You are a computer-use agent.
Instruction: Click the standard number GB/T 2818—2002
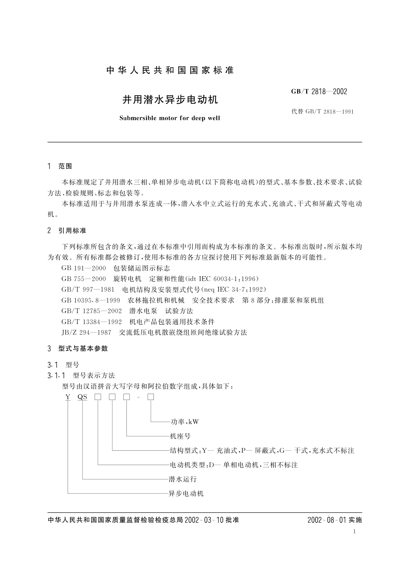pyautogui.click(x=319, y=92)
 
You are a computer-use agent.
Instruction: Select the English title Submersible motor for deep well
pyautogui.click(x=169, y=118)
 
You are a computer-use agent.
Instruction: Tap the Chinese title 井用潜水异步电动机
pyautogui.click(x=170, y=100)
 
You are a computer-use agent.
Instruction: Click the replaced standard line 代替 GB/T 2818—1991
pyautogui.click(x=322, y=111)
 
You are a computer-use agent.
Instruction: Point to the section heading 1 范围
pyautogui.click(x=60, y=166)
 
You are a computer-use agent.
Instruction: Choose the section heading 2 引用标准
pyautogui.click(x=67, y=230)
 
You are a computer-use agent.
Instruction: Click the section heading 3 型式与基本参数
pyautogui.click(x=78, y=348)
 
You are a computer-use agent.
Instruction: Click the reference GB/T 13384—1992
pyautogui.click(x=92, y=322)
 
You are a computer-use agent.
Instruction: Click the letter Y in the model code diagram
pyautogui.click(x=68, y=397)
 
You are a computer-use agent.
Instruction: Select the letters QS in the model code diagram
pyautogui.click(x=82, y=397)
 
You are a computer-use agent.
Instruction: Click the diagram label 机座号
pyautogui.click(x=180, y=436)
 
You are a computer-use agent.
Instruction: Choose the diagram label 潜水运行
pyautogui.click(x=182, y=479)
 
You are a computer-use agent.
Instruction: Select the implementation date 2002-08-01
pyautogui.click(x=327, y=520)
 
